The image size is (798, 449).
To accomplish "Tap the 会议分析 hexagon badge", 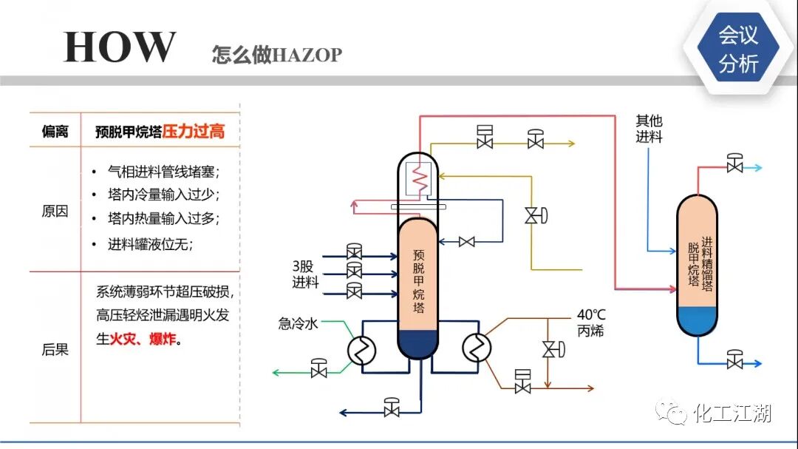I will [x=738, y=49].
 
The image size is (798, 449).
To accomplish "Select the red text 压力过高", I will [x=194, y=132].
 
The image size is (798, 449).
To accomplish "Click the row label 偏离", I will [x=55, y=132].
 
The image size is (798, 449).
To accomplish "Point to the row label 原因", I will [x=55, y=211].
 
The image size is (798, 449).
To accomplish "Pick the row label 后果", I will [x=55, y=349].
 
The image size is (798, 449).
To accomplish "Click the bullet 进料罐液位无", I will [x=151, y=245].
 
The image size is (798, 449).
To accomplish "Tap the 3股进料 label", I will [x=304, y=274].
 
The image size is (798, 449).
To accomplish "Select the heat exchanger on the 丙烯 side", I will [x=477, y=345].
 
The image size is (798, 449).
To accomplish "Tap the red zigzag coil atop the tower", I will [x=419, y=178].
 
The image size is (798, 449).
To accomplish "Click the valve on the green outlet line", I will [x=319, y=368].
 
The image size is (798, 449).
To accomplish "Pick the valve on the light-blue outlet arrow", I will [x=734, y=165].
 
